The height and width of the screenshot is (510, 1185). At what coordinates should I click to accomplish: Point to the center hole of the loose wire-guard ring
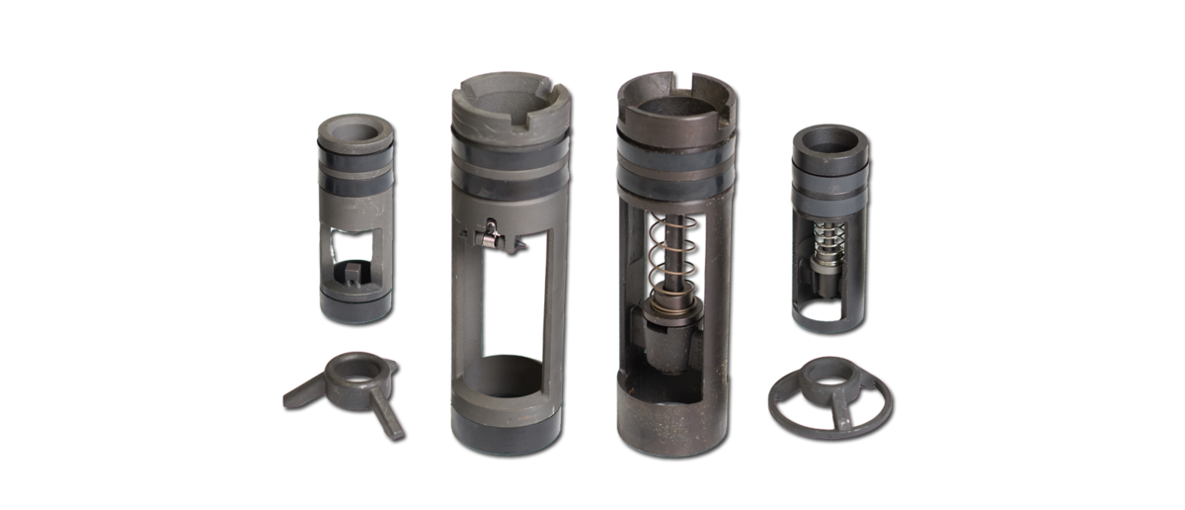828,381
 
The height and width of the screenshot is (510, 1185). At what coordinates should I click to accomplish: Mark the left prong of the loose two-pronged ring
301,394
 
